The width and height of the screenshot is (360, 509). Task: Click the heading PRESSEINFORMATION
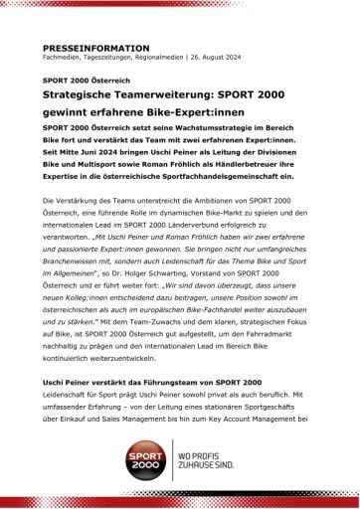[x=96, y=48]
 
